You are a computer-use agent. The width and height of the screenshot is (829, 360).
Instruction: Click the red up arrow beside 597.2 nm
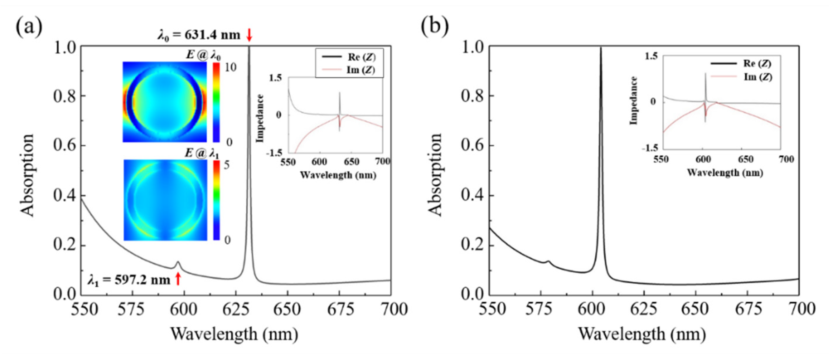178,279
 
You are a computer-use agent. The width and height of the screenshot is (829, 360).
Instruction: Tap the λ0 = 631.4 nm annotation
198,35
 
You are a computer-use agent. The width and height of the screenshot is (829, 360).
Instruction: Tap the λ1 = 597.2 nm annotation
129,280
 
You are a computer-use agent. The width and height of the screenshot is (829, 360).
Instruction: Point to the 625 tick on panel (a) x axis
236,309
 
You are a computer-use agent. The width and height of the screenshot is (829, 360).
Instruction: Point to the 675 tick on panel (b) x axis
749,309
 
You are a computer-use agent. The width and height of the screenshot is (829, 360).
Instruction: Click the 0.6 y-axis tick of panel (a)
66,146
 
